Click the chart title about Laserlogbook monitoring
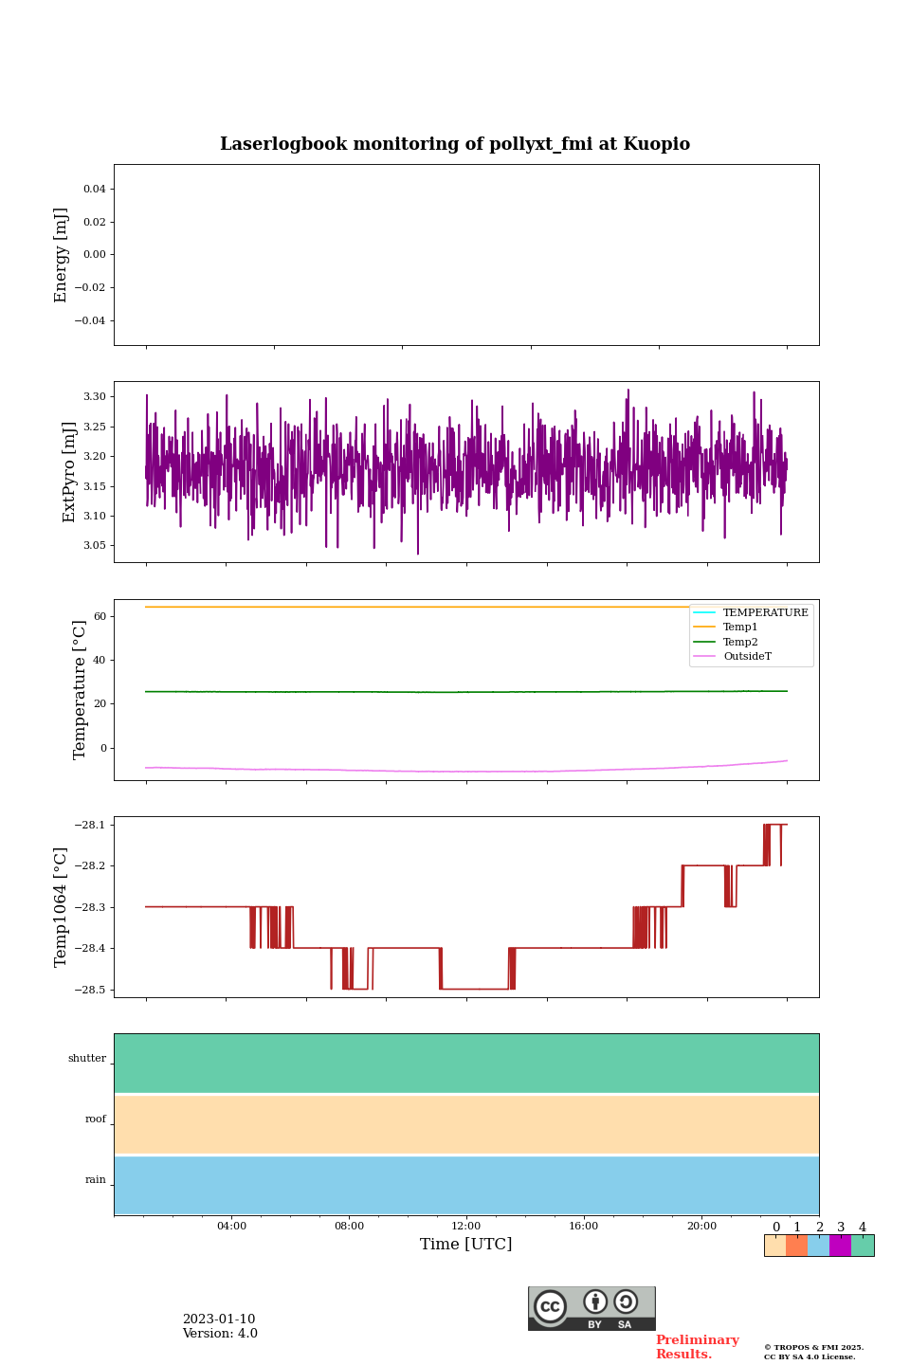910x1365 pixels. (455, 144)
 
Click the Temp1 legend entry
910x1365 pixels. (740, 628)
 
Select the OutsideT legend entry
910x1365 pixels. (747, 657)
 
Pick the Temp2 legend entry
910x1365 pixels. (740, 643)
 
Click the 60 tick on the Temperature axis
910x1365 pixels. (100, 616)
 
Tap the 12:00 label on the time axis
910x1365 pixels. (466, 1227)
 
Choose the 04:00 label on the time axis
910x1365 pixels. (231, 1227)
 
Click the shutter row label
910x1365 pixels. (87, 1059)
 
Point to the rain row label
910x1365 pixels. (96, 1180)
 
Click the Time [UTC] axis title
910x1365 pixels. (466, 1245)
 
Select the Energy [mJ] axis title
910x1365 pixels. (62, 255)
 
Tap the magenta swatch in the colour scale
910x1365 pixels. (840, 1246)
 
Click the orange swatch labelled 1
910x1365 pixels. (796, 1246)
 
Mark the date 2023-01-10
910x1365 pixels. (219, 1319)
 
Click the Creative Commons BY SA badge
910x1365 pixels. (591, 1308)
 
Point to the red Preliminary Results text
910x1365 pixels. (697, 1347)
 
